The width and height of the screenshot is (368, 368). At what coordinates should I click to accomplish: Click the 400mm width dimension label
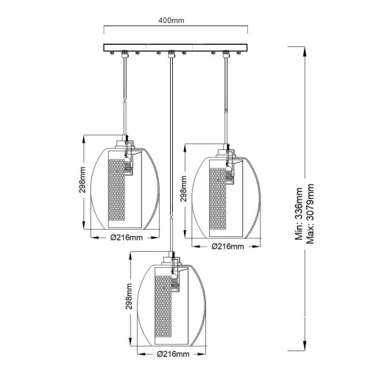coord(171,21)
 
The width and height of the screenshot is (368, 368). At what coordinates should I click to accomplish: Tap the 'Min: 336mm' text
coord(299,213)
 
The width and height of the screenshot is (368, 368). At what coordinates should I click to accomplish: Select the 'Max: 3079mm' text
coord(310,213)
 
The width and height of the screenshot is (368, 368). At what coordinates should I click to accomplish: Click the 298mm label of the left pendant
coord(82,180)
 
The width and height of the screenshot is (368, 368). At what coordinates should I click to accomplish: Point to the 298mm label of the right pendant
coord(183,188)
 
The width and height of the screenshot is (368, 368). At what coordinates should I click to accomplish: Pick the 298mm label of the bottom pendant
coord(129,296)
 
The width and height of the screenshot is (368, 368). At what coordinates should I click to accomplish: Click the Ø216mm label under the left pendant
coord(127,238)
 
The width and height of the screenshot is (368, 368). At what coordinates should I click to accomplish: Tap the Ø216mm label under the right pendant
coord(228,246)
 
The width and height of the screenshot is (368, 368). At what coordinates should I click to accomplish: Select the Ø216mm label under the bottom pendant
coord(173,354)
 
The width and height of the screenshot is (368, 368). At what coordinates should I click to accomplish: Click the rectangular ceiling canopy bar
coord(175,48)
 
